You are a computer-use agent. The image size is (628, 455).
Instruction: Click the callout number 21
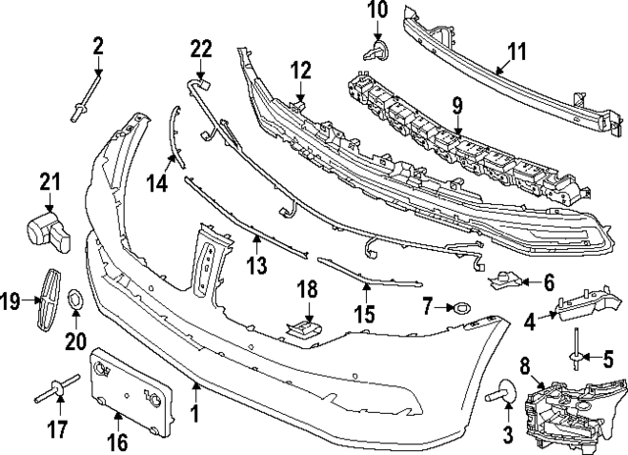(50, 181)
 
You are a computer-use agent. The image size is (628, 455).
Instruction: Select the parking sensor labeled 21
(48, 232)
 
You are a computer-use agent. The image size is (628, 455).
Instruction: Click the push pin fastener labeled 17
(57, 387)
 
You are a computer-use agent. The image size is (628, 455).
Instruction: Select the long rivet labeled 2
(85, 98)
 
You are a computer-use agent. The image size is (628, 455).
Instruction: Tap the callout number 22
(200, 50)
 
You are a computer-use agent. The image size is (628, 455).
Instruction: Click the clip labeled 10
(377, 51)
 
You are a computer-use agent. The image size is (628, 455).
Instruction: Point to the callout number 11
(517, 52)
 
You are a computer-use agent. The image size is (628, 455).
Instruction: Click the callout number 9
(458, 105)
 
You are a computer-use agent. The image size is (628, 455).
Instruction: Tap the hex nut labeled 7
(460, 308)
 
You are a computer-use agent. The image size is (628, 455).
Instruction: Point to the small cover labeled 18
(303, 329)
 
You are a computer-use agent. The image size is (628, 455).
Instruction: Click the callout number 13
(257, 265)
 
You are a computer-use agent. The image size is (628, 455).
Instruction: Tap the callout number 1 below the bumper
(195, 414)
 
